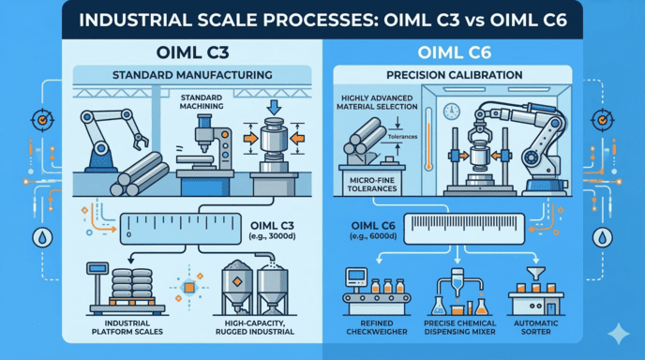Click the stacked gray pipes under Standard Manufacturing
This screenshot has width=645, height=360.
(x=142, y=177)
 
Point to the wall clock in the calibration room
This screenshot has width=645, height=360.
(x=453, y=110)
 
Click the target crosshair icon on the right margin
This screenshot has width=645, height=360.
(x=603, y=122)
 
